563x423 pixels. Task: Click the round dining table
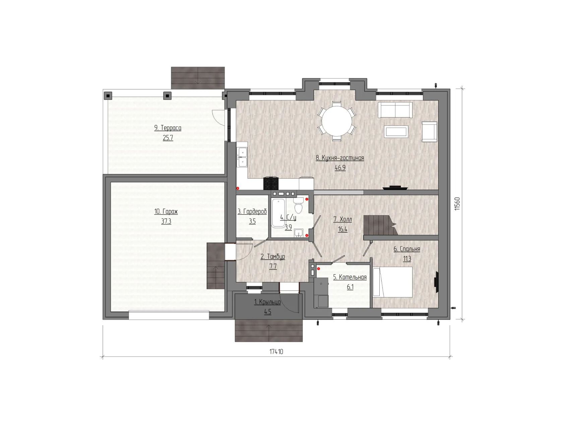click(337, 121)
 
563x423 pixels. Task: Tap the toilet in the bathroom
click(298, 205)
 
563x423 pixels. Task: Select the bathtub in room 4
click(278, 213)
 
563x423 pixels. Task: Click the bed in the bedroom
click(392, 282)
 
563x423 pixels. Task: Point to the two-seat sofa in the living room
click(395, 110)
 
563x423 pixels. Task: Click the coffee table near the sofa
click(396, 132)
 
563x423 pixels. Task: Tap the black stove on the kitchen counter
click(271, 183)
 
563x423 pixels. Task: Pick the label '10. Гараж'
click(166, 211)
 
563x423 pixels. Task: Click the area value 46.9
click(340, 168)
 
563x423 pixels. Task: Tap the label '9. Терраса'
click(168, 128)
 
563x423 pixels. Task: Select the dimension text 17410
click(276, 351)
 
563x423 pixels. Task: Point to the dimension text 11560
click(457, 204)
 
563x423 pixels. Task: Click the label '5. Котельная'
click(350, 277)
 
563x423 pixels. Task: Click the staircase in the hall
click(380, 225)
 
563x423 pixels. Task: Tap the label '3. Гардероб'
click(252, 211)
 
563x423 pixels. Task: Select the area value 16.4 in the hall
click(343, 229)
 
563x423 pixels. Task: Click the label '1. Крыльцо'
click(267, 302)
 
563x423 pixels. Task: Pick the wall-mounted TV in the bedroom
click(436, 282)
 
